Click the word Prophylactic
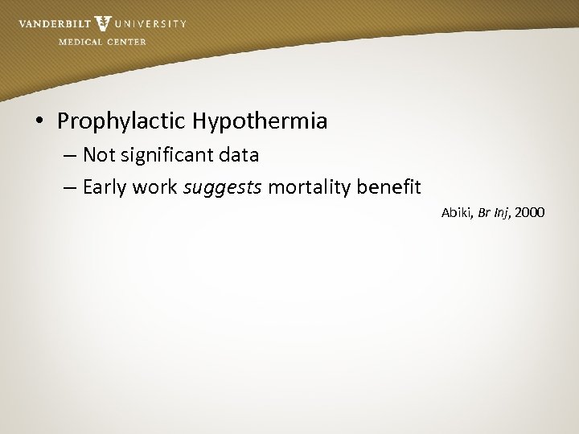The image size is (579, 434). (121, 122)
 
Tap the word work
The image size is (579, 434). (158, 187)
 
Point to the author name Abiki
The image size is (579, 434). (457, 213)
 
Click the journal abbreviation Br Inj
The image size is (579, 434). (495, 213)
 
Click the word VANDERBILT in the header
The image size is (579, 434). (54, 23)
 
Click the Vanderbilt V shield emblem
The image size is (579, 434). (103, 23)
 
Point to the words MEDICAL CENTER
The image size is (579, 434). (102, 42)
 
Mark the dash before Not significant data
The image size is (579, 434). (70, 155)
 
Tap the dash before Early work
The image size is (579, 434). (70, 188)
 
